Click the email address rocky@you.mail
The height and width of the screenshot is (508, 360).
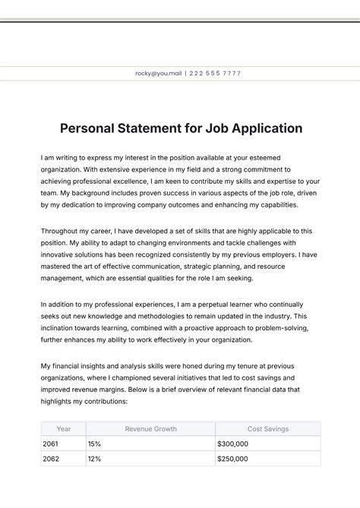tap(158, 74)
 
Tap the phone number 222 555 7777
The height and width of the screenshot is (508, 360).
tap(215, 74)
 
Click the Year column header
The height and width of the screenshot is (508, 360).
tap(64, 429)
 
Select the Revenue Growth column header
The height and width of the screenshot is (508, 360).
tap(150, 429)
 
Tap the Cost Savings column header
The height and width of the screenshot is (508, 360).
tap(267, 429)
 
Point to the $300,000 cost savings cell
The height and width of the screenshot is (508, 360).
tap(232, 443)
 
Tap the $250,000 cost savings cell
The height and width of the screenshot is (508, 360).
tap(232, 459)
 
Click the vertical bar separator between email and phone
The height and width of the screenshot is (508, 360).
tap(185, 74)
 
